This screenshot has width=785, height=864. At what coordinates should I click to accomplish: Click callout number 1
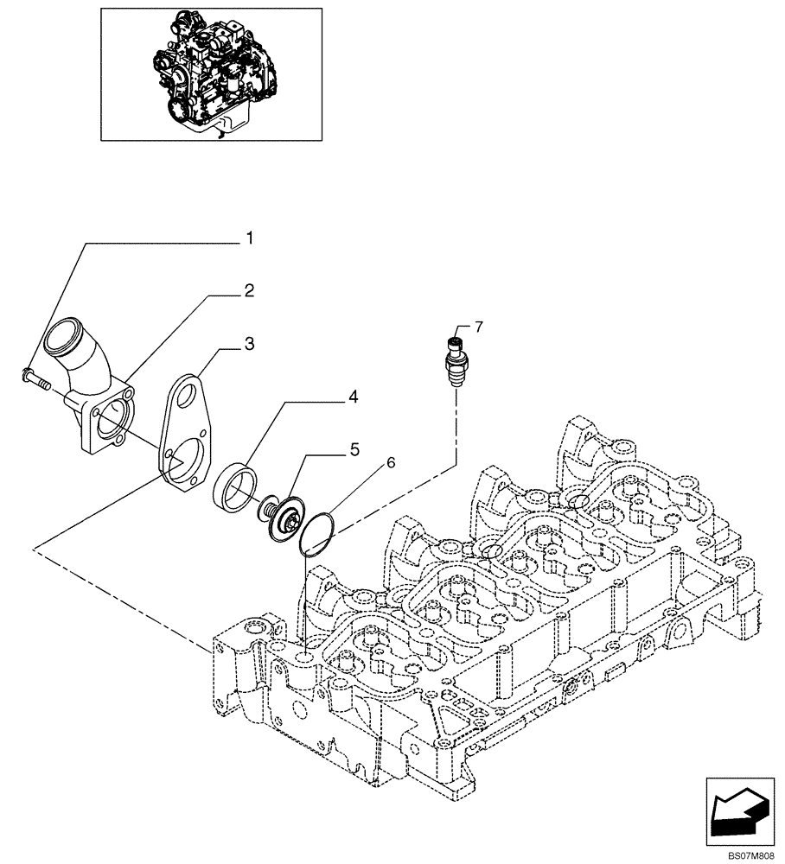point(250,237)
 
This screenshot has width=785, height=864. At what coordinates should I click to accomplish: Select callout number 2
point(248,291)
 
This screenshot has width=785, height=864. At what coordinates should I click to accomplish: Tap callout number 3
point(248,345)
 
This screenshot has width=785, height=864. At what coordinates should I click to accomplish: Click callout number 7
point(478,327)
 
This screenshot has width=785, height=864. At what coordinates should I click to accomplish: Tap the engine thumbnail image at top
point(211,73)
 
